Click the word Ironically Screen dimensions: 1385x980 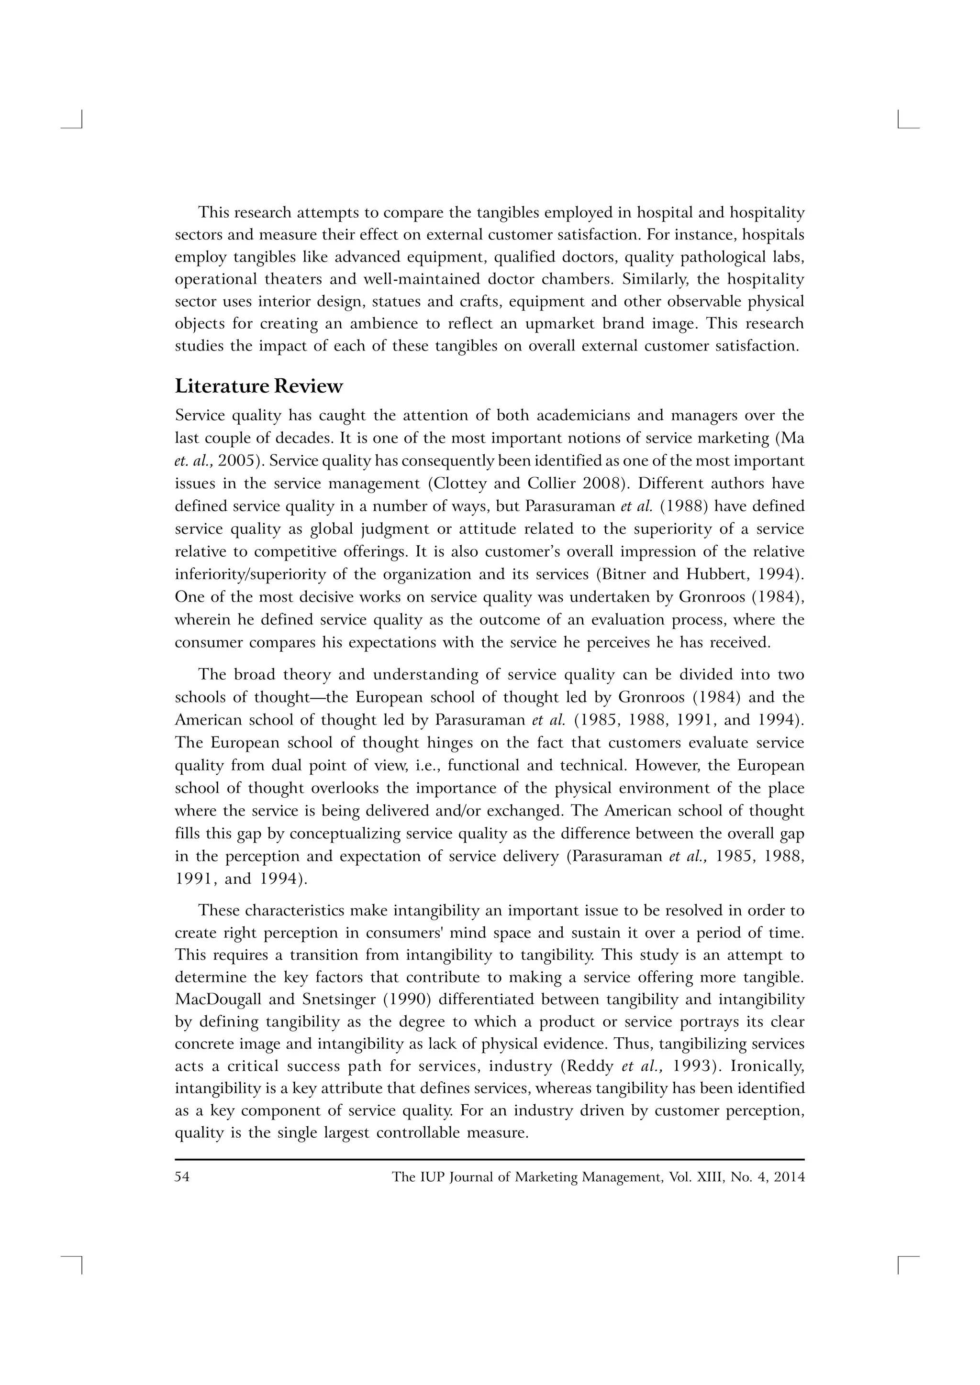[x=767, y=1067]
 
